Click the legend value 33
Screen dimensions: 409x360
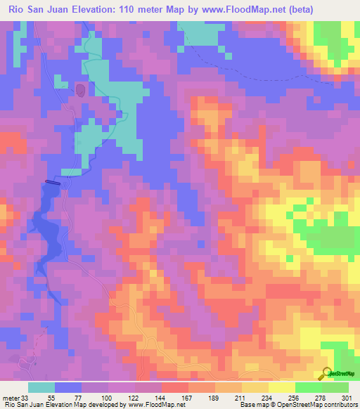coord(27,397)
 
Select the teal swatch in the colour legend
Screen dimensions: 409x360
coord(41,387)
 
